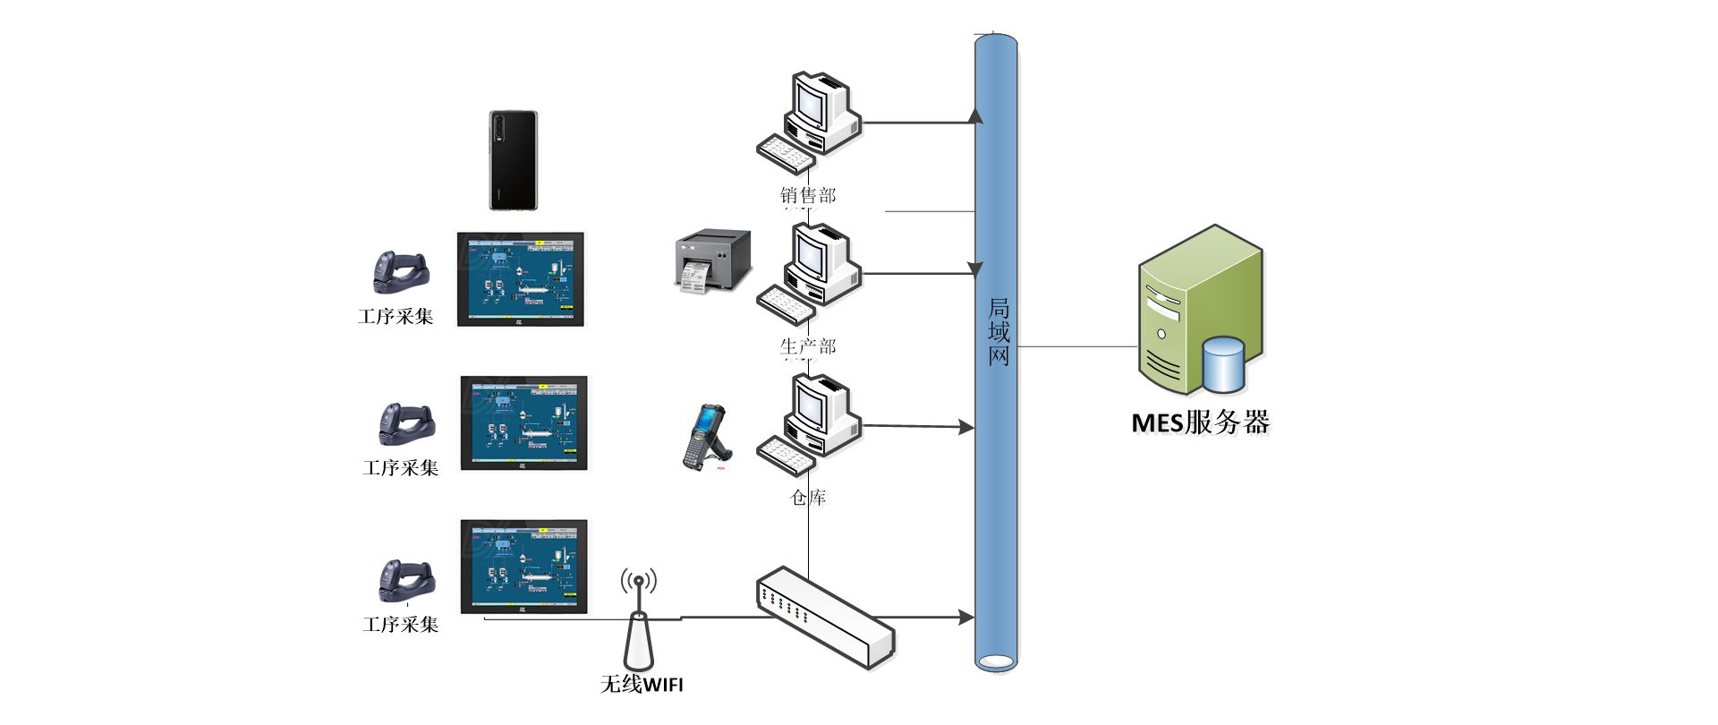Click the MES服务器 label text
tap(1200, 422)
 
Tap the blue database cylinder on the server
tap(1223, 364)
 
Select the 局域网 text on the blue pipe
tap(999, 332)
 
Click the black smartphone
tap(514, 161)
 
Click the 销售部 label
tap(808, 195)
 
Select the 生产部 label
tap(808, 346)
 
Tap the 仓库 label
tap(808, 498)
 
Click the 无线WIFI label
tap(642, 685)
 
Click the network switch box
tap(825, 617)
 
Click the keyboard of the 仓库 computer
tap(786, 455)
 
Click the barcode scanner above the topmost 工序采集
tap(400, 272)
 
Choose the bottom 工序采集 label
tap(401, 625)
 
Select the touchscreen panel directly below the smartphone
tap(521, 279)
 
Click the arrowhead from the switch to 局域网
tap(965, 617)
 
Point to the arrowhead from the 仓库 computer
tap(965, 428)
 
